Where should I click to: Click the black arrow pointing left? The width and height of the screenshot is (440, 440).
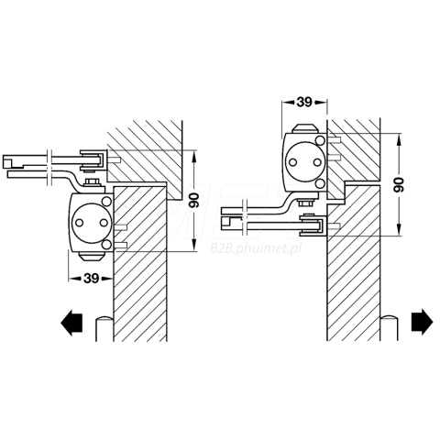tap(71, 322)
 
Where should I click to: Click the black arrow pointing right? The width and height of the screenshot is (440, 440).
tap(423, 322)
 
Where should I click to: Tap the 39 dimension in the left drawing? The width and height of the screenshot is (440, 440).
tap(92, 278)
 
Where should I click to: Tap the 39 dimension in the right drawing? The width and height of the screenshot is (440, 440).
tap(304, 103)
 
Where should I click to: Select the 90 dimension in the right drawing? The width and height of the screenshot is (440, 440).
tap(398, 184)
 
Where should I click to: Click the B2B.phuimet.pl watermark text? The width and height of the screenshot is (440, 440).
tap(256, 248)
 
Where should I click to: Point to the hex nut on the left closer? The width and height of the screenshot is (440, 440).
tap(93, 183)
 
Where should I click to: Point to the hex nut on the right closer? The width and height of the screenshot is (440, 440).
tap(304, 203)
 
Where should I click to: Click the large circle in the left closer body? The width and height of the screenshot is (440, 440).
tap(91, 223)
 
